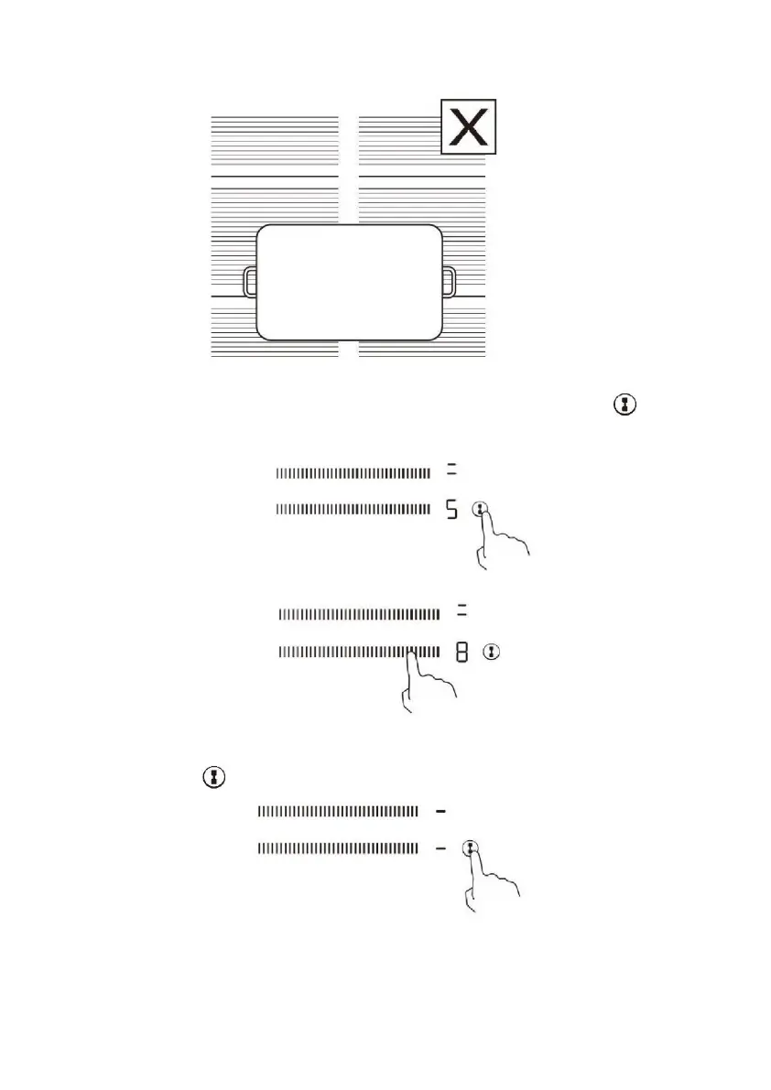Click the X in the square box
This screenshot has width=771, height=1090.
click(469, 126)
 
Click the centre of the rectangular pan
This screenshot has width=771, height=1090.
click(350, 282)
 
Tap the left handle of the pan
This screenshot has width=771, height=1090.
click(250, 282)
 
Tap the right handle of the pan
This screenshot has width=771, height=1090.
click(449, 282)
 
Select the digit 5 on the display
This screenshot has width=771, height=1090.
click(451, 510)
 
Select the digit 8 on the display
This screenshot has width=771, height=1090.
click(462, 653)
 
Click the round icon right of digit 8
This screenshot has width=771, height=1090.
click(494, 653)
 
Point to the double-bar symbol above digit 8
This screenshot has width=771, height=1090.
click(462, 612)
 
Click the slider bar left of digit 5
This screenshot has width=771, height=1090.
click(353, 510)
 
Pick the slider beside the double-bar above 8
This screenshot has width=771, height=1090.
click(359, 612)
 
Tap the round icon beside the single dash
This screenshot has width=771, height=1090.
click(471, 848)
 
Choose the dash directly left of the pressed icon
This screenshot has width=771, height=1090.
click(440, 849)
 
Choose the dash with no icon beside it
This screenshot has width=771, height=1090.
click(440, 811)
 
